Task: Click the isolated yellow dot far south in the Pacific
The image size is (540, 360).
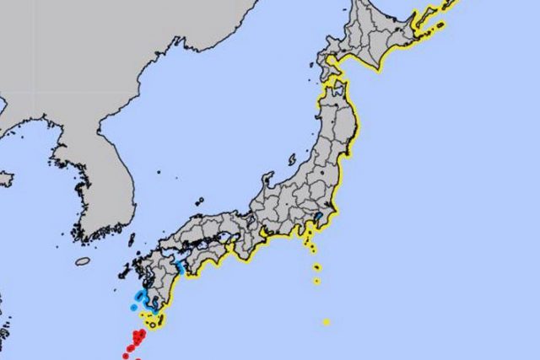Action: [x=326, y=321]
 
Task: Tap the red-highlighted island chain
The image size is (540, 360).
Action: [x=135, y=342]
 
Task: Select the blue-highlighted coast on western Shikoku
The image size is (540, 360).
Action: [x=180, y=268]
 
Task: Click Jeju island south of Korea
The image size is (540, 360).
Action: [x=83, y=261]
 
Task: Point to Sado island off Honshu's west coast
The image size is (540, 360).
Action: [x=291, y=159]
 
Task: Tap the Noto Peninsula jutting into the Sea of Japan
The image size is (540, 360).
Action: [x=268, y=180]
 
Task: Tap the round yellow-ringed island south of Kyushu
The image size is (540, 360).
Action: [x=153, y=321]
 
